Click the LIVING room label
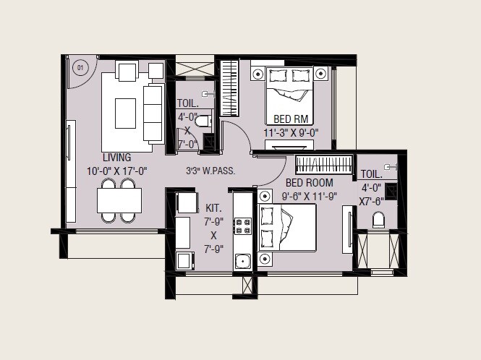(116, 158)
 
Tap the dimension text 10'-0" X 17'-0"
(116, 171)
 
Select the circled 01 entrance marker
(81, 68)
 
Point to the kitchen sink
(242, 262)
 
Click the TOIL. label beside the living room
(187, 103)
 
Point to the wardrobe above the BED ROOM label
(323, 163)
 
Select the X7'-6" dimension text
(372, 202)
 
